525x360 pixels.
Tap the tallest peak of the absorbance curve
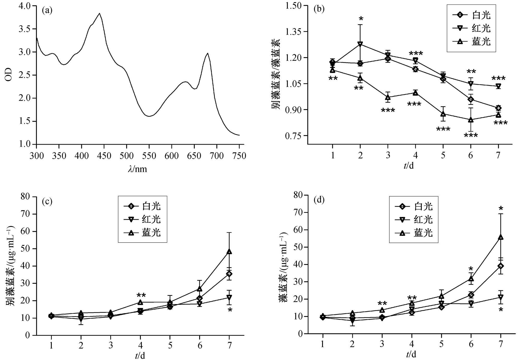coord(99,13)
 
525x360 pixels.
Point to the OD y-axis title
coord(8,75)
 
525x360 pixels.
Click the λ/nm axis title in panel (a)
coord(137,169)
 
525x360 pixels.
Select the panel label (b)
coord(319,9)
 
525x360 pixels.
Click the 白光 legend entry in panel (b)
coord(472,15)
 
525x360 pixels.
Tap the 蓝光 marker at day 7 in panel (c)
coord(229,252)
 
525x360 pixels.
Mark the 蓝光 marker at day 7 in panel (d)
coord(500,237)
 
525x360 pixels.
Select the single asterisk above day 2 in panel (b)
coord(361,19)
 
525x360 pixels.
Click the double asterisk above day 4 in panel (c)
coord(141,296)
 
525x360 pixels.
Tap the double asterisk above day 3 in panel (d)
coord(382,303)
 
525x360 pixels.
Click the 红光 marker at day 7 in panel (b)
coord(498,86)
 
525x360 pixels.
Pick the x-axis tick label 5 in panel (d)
coord(441,344)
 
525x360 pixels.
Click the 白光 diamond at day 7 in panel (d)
coord(500,266)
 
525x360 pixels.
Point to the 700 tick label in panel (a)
coord(217,156)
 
